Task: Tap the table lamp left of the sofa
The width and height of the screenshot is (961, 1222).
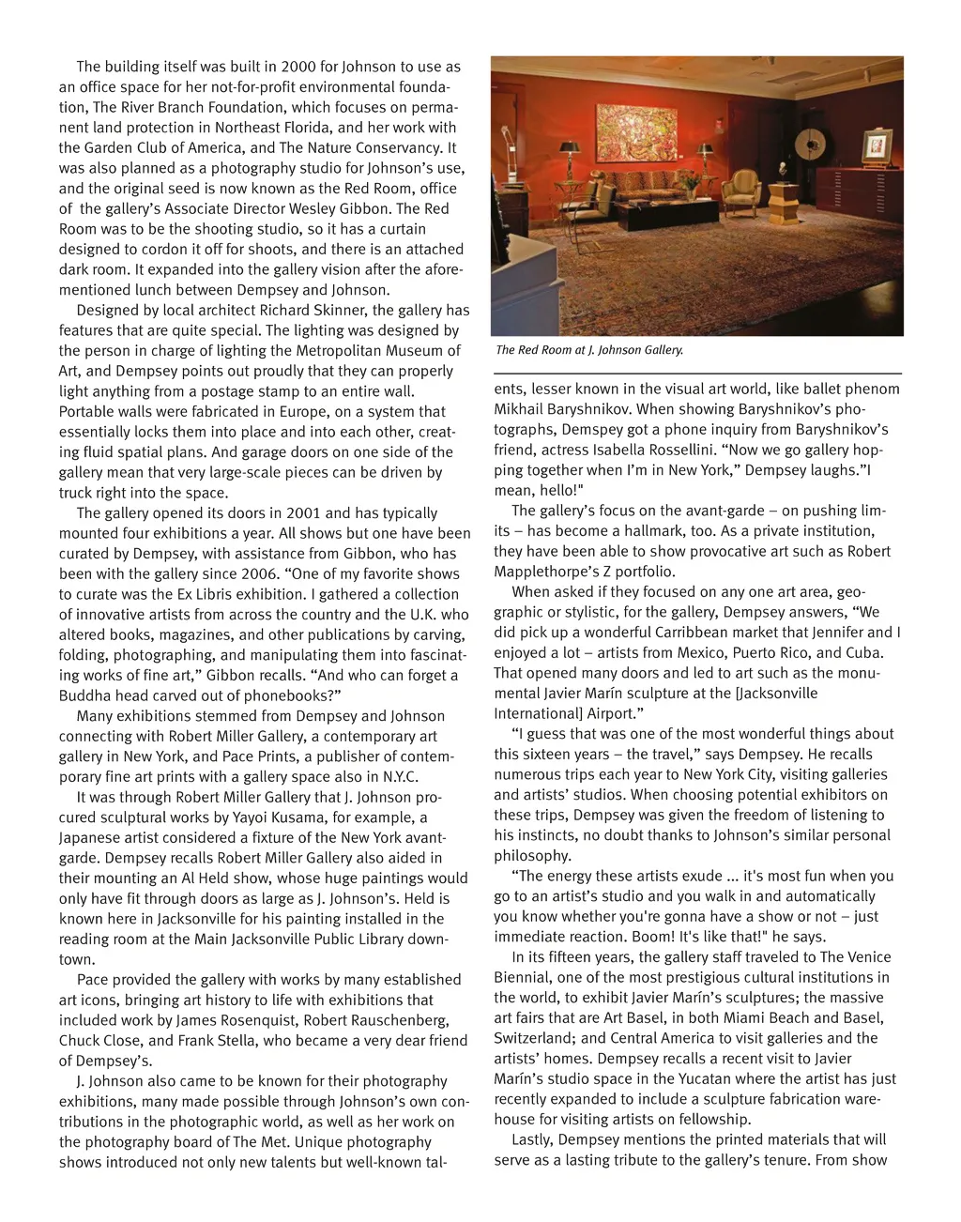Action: tap(571, 155)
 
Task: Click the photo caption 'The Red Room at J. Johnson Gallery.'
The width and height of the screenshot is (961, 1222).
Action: tap(589, 350)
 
